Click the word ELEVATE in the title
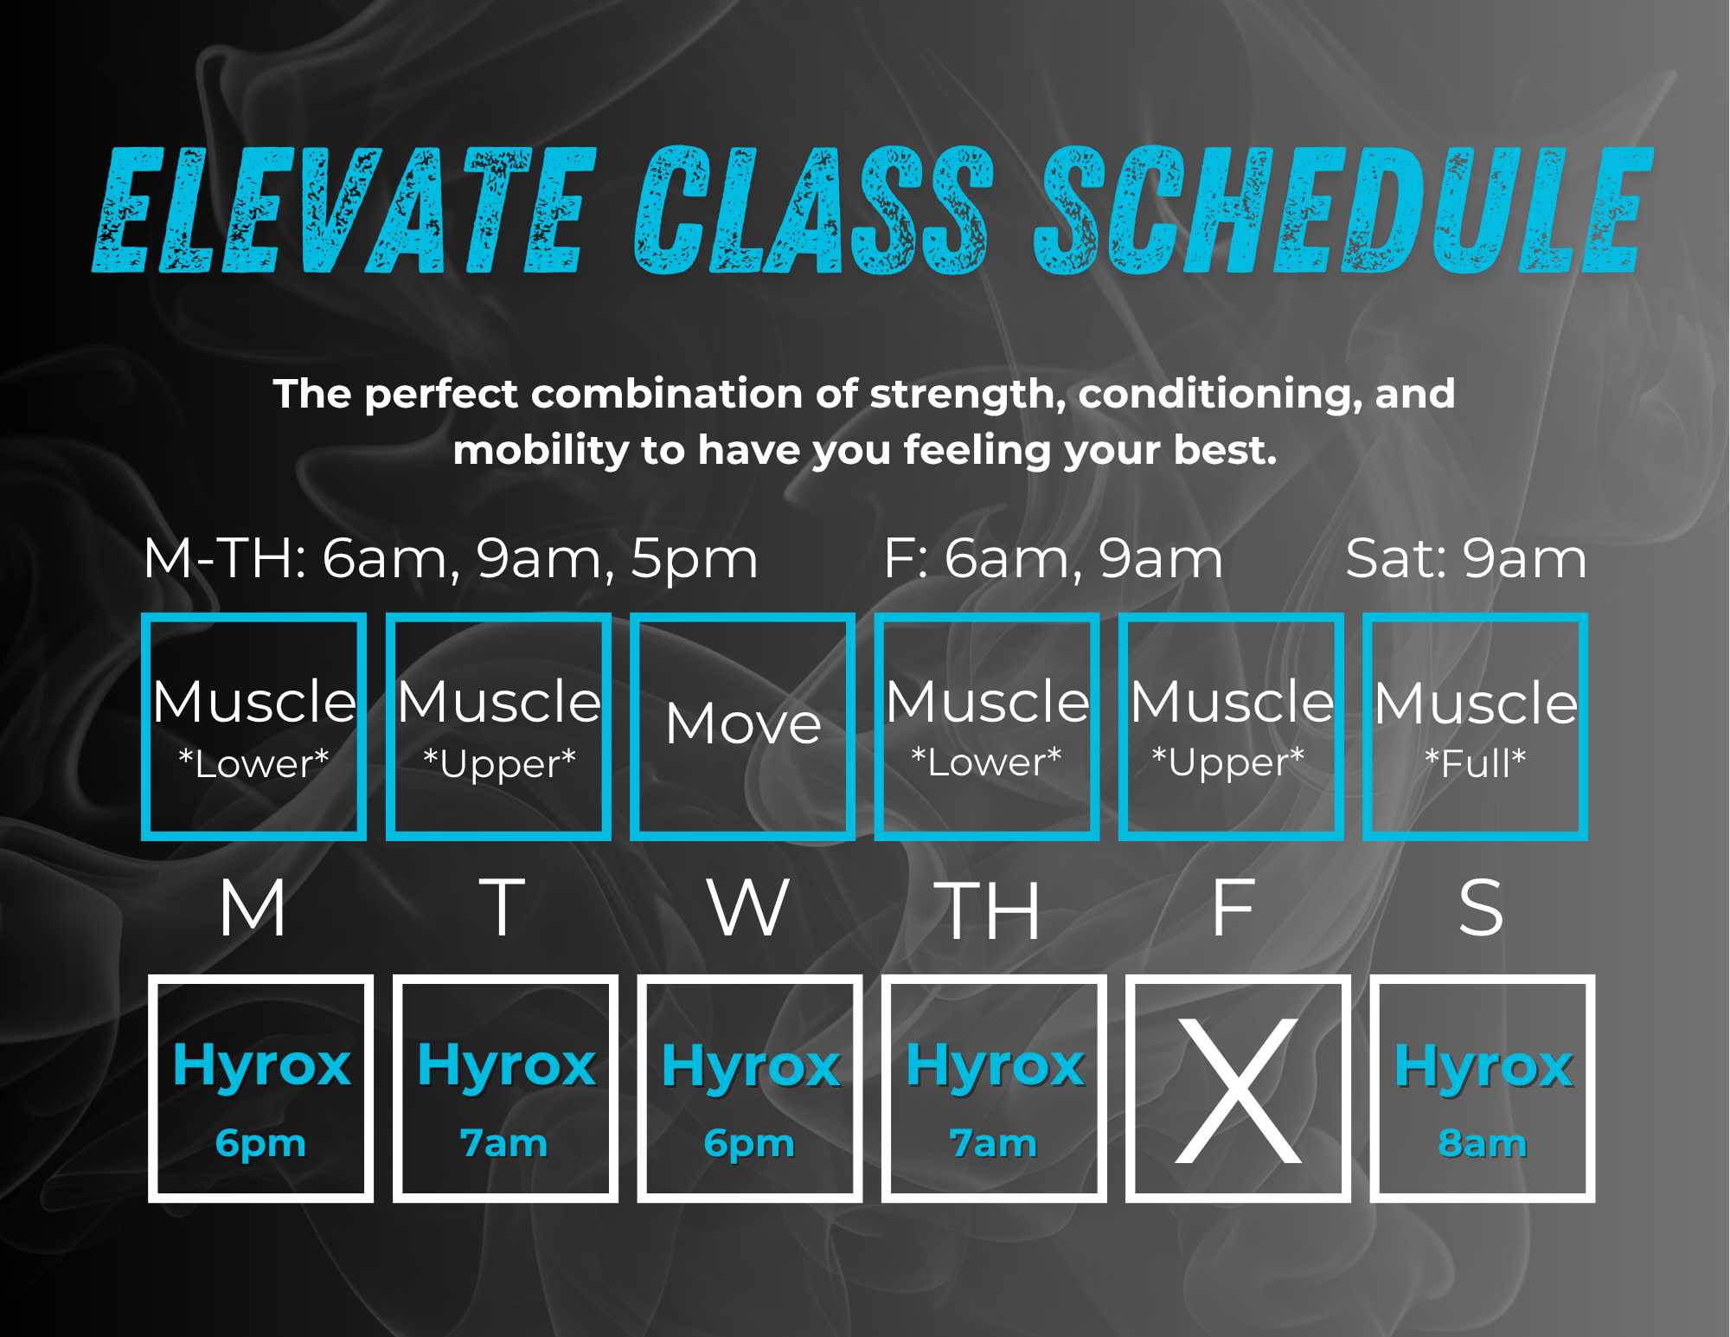click(x=344, y=210)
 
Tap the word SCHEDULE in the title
click(x=1343, y=210)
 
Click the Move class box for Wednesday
click(x=743, y=727)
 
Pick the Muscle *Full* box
click(x=1475, y=727)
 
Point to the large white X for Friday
click(x=1238, y=1090)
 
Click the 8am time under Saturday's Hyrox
click(x=1482, y=1143)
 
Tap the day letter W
click(x=749, y=908)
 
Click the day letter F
click(x=1233, y=908)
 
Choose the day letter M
click(x=253, y=908)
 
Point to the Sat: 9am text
click(x=1466, y=558)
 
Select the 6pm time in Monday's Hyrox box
click(x=260, y=1144)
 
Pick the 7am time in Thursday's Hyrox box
click(x=993, y=1143)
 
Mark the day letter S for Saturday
click(x=1480, y=908)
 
